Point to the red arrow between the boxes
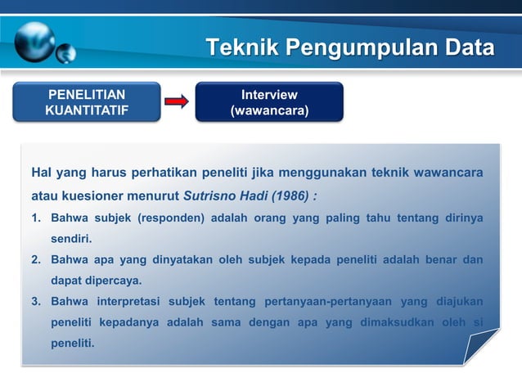pyautogui.click(x=177, y=102)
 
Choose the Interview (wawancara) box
pyautogui.click(x=269, y=101)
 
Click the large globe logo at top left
pyautogui.click(x=34, y=40)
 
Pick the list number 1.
pyautogui.click(x=36, y=219)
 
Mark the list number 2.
pyautogui.click(x=36, y=260)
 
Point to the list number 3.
pyautogui.click(x=36, y=301)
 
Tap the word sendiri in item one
pyautogui.click(x=70, y=240)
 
